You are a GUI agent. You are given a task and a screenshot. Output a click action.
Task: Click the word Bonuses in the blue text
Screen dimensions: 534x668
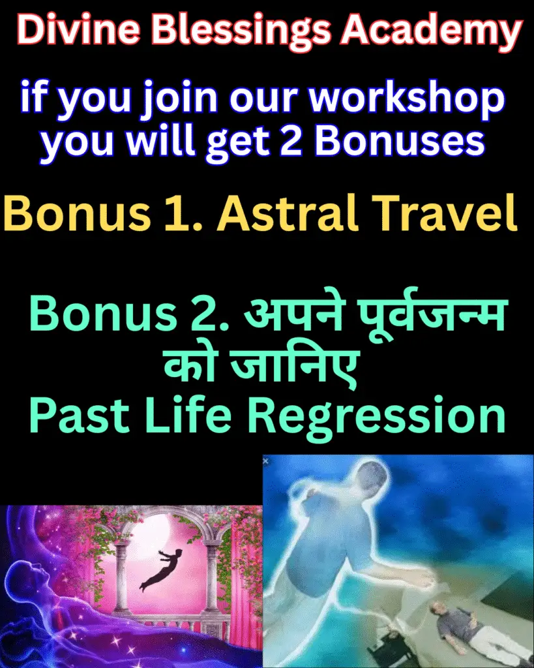[x=400, y=141]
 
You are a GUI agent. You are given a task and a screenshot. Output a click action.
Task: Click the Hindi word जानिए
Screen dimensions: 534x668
[x=294, y=366]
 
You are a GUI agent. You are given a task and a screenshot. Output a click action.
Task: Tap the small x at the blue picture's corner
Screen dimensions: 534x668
[x=266, y=461]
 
